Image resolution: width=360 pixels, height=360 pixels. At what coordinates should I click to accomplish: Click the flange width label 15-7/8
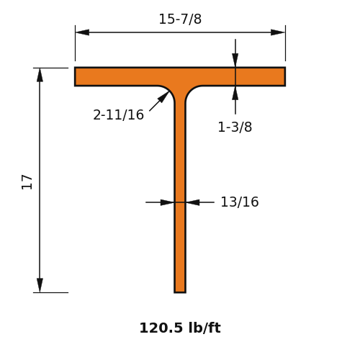[180, 19]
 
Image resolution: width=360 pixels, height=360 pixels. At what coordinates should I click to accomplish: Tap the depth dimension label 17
[27, 182]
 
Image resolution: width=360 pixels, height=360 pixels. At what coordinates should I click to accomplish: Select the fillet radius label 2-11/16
[118, 114]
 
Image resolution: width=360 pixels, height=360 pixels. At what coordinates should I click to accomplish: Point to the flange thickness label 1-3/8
[235, 127]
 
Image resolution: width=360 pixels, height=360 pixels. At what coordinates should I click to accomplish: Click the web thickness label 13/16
[240, 202]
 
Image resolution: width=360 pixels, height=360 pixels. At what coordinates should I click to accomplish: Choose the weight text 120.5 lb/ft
[180, 328]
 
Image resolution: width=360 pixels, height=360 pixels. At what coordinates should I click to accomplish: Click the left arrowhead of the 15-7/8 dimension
[82, 32]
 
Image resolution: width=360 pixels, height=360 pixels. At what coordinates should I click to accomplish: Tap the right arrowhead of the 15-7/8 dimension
[278, 32]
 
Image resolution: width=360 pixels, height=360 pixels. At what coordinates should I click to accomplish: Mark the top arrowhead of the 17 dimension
[40, 75]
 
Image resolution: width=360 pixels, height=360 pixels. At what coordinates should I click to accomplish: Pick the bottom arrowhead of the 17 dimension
[40, 285]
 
